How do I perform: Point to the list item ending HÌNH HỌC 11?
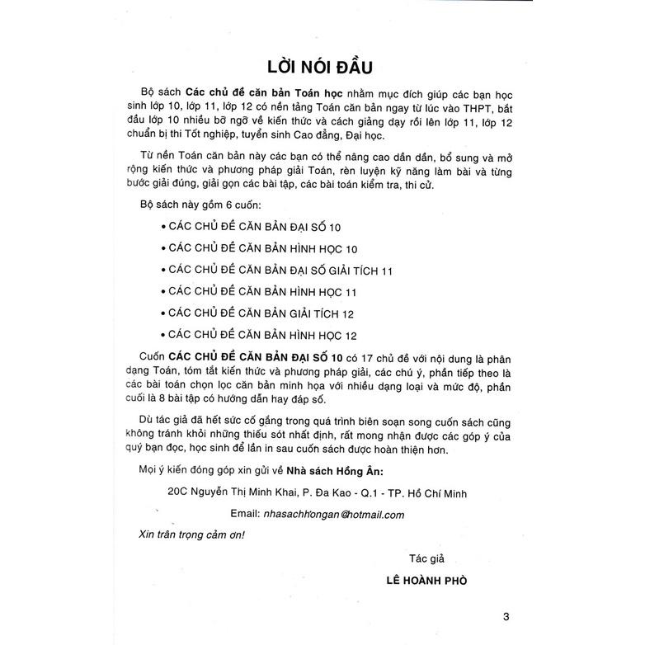[261, 291]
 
